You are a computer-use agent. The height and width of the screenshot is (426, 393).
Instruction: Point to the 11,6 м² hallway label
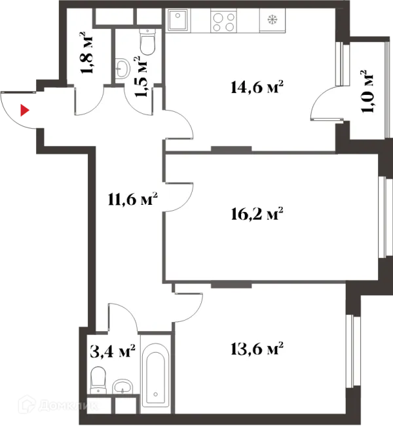(x=132, y=199)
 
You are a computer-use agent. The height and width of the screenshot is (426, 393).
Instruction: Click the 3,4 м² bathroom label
(x=112, y=353)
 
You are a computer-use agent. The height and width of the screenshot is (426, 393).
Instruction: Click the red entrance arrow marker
(x=25, y=110)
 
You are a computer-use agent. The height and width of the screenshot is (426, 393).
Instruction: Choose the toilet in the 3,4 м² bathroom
(x=99, y=379)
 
